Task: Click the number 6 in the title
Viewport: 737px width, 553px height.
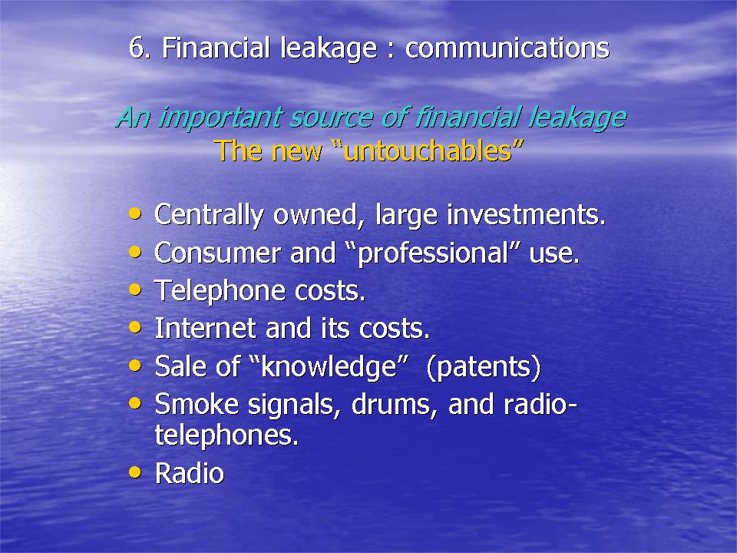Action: click(137, 48)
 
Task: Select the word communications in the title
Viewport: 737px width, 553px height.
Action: click(507, 48)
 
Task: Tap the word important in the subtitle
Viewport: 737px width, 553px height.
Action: click(221, 118)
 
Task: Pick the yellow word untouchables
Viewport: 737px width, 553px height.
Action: click(428, 151)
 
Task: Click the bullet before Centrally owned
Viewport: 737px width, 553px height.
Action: click(135, 214)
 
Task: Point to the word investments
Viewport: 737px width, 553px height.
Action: click(526, 215)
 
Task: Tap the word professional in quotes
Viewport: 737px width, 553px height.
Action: click(433, 254)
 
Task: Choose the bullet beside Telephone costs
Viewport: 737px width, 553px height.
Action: click(135, 290)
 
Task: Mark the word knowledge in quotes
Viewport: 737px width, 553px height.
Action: click(329, 367)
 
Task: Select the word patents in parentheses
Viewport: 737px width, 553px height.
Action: click(484, 367)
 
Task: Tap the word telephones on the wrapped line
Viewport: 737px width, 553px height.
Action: click(226, 435)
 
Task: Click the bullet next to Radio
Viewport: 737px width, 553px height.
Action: click(135, 472)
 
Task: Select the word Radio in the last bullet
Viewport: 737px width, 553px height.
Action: click(190, 473)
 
